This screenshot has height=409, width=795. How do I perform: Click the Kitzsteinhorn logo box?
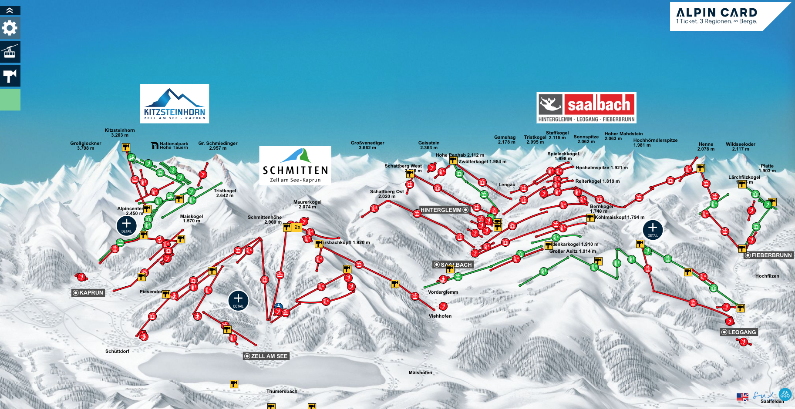pyautogui.click(x=175, y=104)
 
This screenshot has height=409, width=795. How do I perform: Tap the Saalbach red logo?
pyautogui.click(x=586, y=107)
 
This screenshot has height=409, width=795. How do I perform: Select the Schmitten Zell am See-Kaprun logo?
pyautogui.click(x=295, y=165)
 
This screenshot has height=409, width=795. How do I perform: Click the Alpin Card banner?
pyautogui.click(x=723, y=16)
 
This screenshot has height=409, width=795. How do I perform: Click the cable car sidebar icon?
pyautogui.click(x=10, y=51)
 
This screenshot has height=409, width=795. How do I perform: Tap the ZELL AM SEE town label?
pyautogui.click(x=266, y=356)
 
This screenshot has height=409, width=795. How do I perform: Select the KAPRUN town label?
pyautogui.click(x=88, y=293)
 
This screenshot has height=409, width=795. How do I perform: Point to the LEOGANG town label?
pyautogui.click(x=739, y=332)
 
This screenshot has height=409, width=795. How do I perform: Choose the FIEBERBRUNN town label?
pyautogui.click(x=768, y=255)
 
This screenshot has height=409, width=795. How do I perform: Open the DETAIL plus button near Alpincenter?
pyautogui.click(x=127, y=225)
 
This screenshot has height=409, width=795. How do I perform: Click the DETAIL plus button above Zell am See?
pyautogui.click(x=238, y=300)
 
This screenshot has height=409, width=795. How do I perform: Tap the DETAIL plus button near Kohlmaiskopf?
pyautogui.click(x=653, y=229)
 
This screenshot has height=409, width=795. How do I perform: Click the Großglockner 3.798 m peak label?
pyautogui.click(x=86, y=146)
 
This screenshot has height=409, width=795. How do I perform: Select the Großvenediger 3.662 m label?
pyautogui.click(x=367, y=145)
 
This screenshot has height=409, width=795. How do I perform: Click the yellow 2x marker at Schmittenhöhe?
pyautogui.click(x=297, y=227)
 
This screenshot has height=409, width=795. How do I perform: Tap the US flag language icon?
pyautogui.click(x=742, y=397)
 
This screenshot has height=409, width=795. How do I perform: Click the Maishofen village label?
pyautogui.click(x=420, y=372)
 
